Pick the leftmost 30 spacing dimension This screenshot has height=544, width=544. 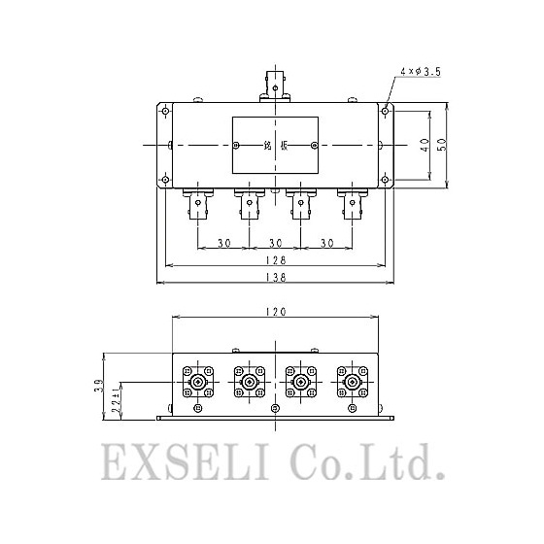[223, 242]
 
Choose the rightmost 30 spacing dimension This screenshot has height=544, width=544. [326, 242]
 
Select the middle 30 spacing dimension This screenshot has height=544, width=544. [275, 242]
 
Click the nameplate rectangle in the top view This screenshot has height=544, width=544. [274, 146]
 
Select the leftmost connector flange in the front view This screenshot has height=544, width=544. [199, 383]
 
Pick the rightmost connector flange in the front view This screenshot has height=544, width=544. [352, 383]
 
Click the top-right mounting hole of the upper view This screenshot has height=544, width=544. [386, 112]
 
